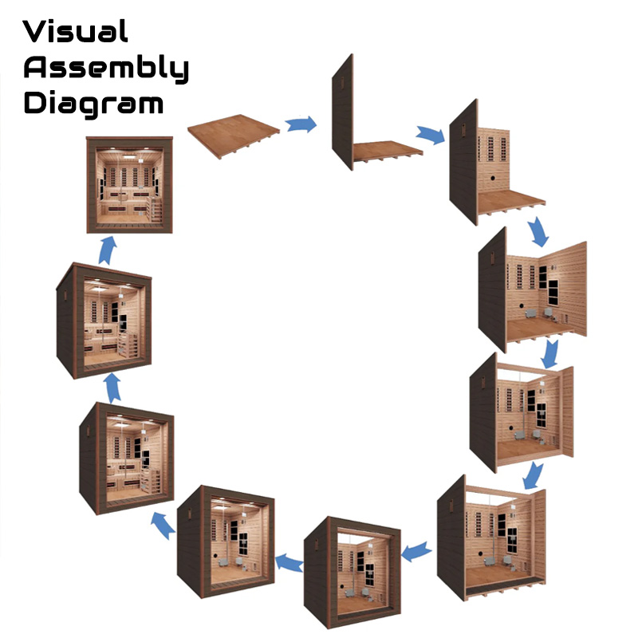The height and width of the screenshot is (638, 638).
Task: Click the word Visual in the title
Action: pos(76,32)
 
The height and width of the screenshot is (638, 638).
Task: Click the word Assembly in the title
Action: pos(106,69)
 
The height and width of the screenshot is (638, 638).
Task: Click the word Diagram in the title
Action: pos(93,104)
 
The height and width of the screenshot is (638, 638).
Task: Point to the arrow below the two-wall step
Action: pos(538,230)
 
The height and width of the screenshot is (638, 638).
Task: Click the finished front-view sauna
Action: pos(129,185)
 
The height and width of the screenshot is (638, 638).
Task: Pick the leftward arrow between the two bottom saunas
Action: pos(289,563)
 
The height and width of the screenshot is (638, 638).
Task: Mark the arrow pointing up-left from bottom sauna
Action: pos(163,524)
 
